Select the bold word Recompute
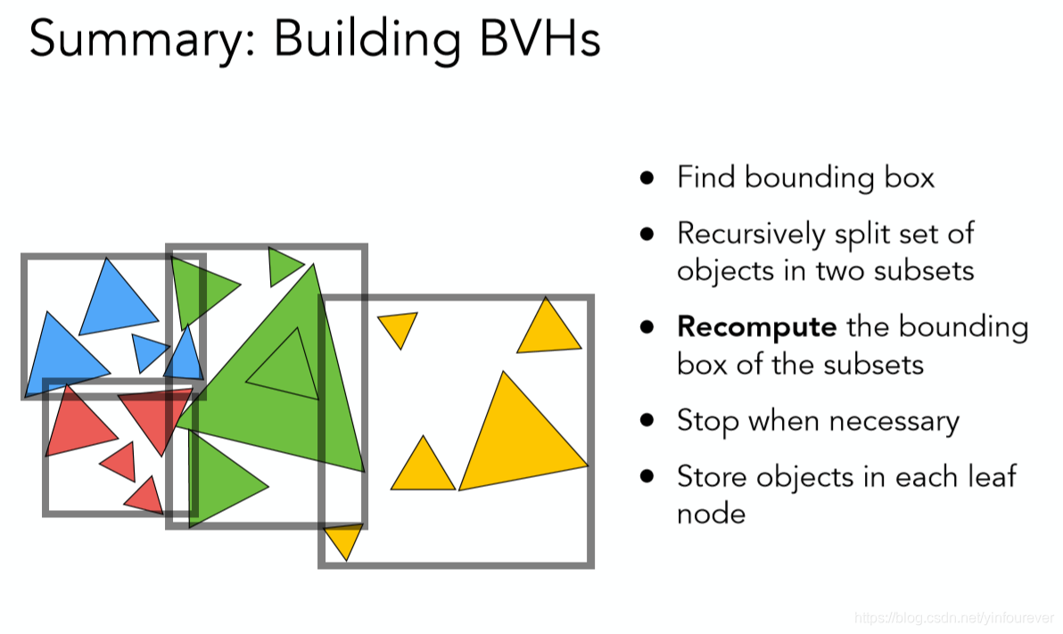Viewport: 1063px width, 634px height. pos(756,326)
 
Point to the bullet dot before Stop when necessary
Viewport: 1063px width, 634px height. pos(647,420)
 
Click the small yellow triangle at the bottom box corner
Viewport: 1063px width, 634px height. pos(343,539)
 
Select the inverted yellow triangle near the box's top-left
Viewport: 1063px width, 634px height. pos(398,326)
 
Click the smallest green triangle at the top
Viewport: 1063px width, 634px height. pos(283,264)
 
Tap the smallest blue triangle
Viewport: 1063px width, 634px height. pos(147,350)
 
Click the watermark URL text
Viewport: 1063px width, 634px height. pos(953,617)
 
